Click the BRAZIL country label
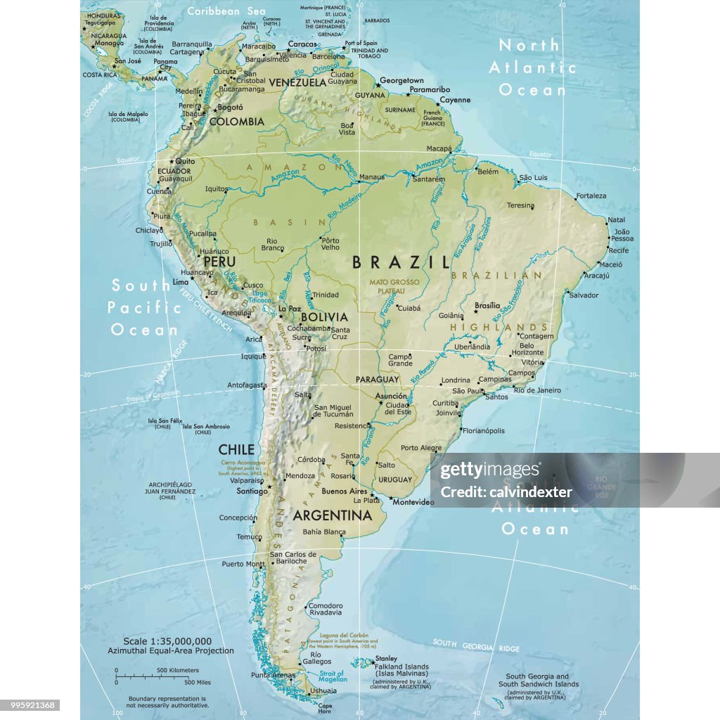point(401,262)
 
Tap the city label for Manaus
point(372,176)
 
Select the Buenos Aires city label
point(345,491)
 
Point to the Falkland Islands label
point(400,667)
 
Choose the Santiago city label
point(252,491)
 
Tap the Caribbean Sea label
point(226,11)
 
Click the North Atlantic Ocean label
point(532,67)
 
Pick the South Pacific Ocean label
point(144,307)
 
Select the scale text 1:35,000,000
point(167,641)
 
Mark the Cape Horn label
point(325,707)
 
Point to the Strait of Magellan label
point(333,676)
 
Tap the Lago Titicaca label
point(260,296)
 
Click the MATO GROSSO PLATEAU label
point(394,285)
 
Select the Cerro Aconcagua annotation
point(243,468)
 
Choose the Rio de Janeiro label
point(537,390)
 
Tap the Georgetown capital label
point(401,81)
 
